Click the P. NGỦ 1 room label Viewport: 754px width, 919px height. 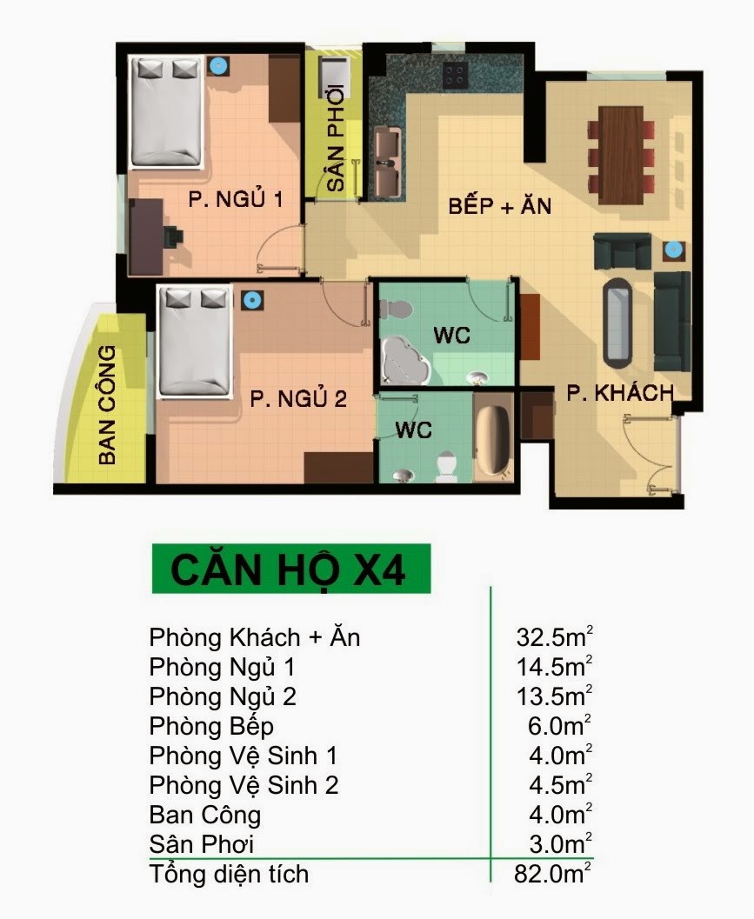pyautogui.click(x=236, y=200)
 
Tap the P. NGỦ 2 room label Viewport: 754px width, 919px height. pyautogui.click(x=298, y=399)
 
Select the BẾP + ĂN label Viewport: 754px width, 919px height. pyautogui.click(x=500, y=207)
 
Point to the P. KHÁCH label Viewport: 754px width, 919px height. pyautogui.click(x=620, y=393)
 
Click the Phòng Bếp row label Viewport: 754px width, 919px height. pyautogui.click(x=211, y=726)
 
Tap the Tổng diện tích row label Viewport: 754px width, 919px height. pyautogui.click(x=229, y=873)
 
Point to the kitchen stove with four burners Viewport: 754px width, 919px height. pyautogui.click(x=455, y=75)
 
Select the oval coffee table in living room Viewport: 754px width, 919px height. pyautogui.click(x=618, y=323)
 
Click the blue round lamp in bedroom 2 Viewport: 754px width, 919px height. pyautogui.click(x=251, y=300)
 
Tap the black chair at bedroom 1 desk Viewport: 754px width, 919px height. pyautogui.click(x=172, y=237)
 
